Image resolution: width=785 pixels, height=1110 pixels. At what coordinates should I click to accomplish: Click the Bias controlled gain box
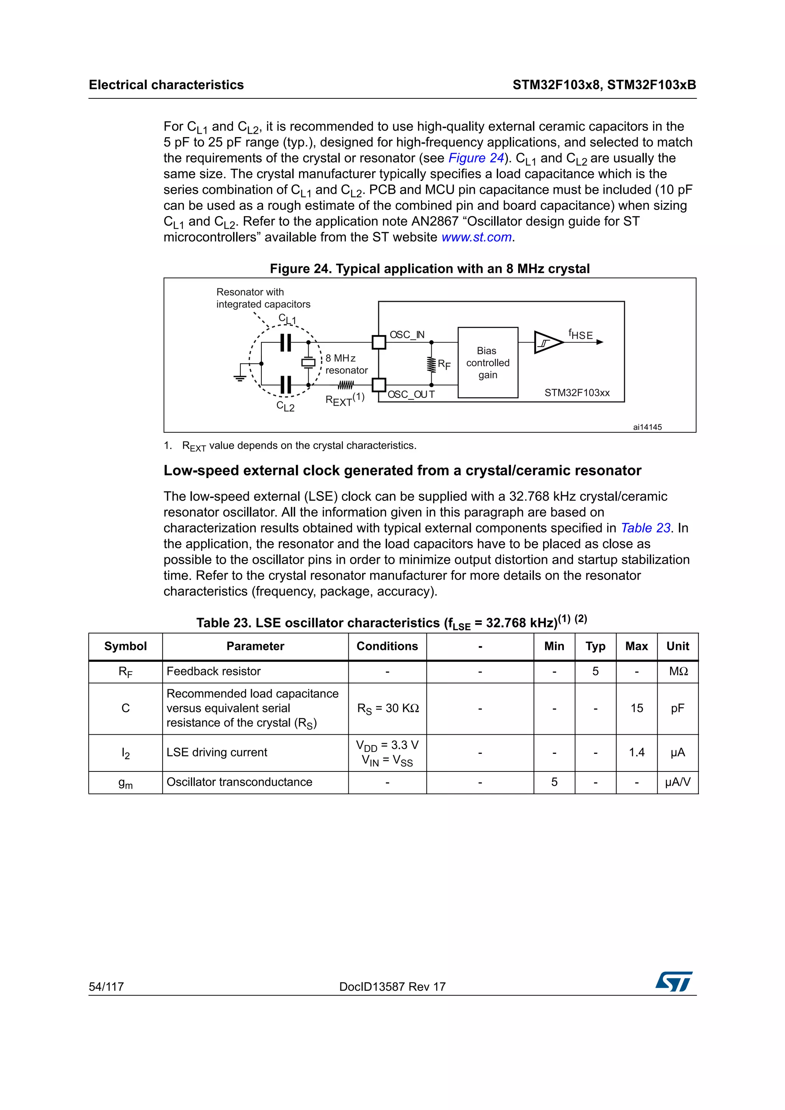click(x=488, y=363)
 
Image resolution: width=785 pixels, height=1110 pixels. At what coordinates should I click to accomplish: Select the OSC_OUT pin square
click(x=379, y=385)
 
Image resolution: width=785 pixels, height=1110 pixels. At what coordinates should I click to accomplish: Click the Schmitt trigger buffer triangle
click(x=547, y=342)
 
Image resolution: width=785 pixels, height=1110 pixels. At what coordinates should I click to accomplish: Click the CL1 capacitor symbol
click(x=286, y=342)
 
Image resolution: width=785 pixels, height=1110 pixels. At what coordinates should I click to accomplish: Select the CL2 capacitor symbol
click(x=286, y=385)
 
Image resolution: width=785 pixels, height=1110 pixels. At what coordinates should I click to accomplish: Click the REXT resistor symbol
click(x=345, y=385)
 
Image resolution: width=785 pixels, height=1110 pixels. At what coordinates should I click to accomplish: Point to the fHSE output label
click(x=580, y=334)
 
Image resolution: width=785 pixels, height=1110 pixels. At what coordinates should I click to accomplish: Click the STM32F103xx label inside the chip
click(x=576, y=393)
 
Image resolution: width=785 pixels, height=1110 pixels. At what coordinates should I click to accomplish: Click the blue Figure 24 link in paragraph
click(x=476, y=158)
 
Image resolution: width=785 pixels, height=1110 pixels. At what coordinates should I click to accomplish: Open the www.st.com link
click(x=476, y=237)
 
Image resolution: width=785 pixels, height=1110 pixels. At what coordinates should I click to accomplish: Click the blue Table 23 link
click(x=645, y=528)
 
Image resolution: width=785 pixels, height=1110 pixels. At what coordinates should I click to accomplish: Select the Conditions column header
click(x=387, y=647)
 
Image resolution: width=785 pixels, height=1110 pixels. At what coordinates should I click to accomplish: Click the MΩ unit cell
click(x=678, y=671)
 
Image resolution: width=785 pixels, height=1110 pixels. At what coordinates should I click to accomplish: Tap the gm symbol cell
click(x=125, y=782)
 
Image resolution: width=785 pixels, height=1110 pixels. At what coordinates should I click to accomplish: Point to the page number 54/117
click(x=107, y=987)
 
